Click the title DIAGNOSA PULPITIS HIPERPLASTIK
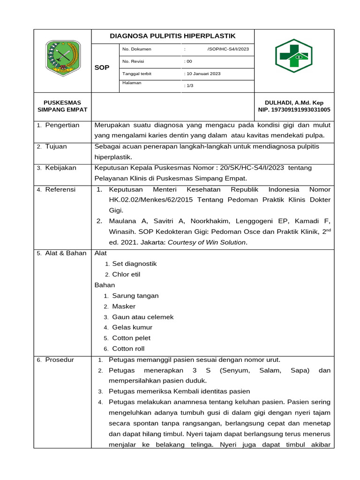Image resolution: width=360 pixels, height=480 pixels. click(172, 36)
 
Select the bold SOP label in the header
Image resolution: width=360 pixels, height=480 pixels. click(102, 67)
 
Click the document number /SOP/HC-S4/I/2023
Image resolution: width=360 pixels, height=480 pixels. click(228, 49)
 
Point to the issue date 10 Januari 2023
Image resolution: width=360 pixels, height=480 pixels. click(203, 74)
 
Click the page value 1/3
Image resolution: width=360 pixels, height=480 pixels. click(189, 86)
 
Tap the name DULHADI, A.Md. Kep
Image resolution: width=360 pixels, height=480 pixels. click(294, 103)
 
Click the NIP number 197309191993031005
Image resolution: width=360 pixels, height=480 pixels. click(294, 110)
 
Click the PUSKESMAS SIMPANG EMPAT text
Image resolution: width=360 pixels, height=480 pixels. click(62, 106)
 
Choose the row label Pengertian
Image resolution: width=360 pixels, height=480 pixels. click(62, 125)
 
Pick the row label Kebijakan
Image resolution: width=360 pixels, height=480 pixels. click(60, 168)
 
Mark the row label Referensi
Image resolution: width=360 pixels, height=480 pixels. click(60, 189)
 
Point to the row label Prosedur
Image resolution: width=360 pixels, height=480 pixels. click(59, 360)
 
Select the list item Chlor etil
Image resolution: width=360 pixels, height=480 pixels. click(126, 274)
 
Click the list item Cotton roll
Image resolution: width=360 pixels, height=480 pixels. click(128, 349)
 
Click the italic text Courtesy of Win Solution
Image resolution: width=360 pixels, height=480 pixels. click(207, 242)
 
